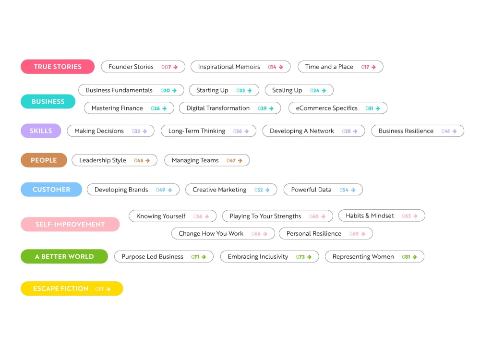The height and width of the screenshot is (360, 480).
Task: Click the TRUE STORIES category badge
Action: (58, 67)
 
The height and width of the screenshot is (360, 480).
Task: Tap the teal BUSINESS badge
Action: (48, 102)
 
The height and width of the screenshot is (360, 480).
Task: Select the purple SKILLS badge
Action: (41, 131)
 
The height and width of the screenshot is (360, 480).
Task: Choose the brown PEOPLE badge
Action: (44, 160)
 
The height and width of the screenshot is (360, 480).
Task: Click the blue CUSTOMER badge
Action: (51, 190)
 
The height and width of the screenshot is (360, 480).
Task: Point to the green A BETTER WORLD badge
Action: (64, 256)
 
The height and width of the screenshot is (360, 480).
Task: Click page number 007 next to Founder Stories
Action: (166, 67)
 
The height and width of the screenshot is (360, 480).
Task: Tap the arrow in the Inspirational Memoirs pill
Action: (281, 67)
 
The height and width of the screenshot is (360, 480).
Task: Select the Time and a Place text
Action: (329, 67)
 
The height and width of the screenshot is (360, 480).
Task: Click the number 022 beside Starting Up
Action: (240, 91)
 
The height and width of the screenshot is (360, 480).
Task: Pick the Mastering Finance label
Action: (117, 108)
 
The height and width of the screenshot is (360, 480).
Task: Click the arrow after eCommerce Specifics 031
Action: (378, 108)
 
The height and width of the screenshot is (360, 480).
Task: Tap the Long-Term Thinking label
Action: (197, 131)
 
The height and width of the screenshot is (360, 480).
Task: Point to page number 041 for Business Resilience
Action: (445, 132)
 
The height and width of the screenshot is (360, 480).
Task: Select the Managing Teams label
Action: (195, 160)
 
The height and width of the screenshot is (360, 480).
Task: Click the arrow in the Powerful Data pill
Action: (353, 190)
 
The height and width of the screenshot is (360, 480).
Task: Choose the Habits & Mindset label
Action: (370, 216)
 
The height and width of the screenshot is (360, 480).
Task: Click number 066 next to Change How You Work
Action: (256, 234)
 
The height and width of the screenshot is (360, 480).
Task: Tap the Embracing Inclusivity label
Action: (258, 256)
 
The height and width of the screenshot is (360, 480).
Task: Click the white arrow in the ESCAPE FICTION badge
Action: (108, 289)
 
